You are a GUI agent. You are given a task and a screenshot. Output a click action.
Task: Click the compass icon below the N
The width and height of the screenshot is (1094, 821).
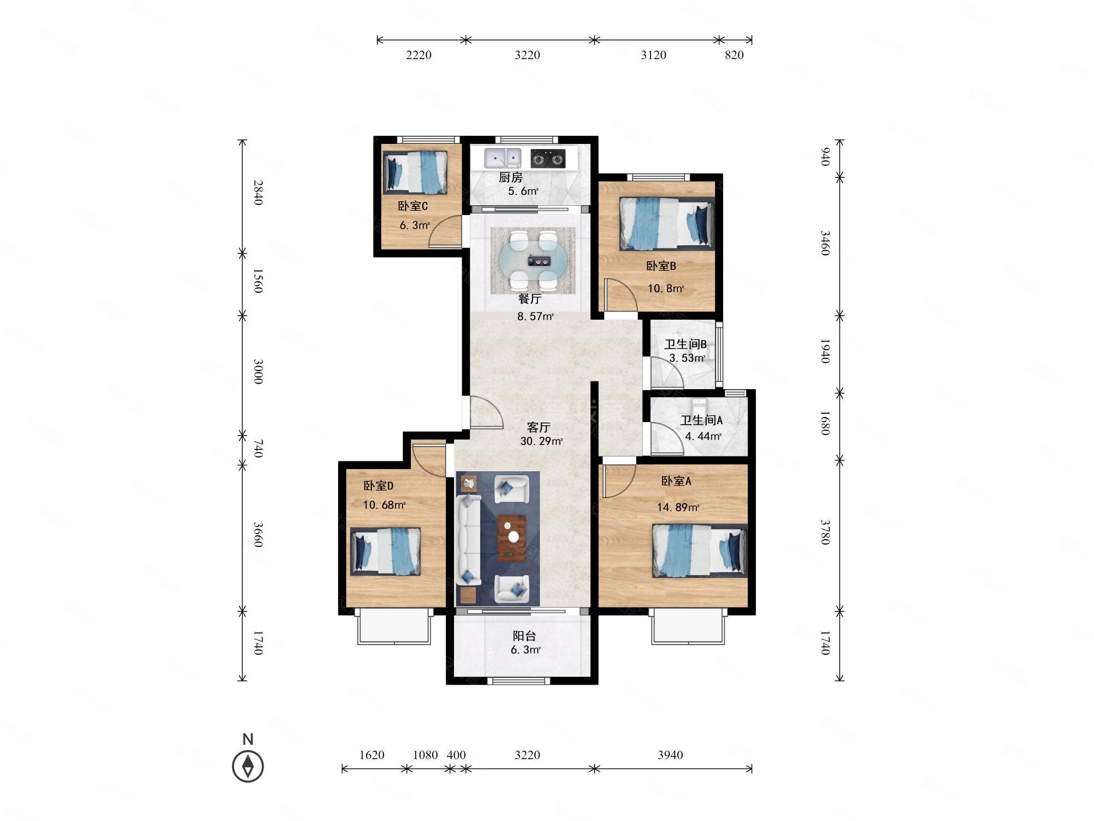point(248,766)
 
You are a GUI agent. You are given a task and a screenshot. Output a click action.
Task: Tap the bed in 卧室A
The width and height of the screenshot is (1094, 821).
point(700,551)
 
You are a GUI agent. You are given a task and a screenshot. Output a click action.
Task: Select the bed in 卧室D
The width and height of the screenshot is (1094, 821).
point(385,551)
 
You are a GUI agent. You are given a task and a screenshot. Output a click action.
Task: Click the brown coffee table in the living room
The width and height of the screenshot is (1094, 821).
point(512,538)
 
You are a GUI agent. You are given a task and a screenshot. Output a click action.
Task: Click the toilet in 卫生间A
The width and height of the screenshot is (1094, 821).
point(700,407)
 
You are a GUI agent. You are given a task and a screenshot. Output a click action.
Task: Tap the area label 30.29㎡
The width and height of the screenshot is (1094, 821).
point(542,441)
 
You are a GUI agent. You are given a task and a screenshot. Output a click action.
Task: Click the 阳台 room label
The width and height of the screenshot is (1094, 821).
point(524,636)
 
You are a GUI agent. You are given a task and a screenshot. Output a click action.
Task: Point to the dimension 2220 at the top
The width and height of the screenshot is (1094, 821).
point(419,55)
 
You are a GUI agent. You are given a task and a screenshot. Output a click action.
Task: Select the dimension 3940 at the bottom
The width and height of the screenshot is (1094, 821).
point(670,755)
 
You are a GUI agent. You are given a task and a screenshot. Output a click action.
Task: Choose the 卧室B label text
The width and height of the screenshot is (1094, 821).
point(661,266)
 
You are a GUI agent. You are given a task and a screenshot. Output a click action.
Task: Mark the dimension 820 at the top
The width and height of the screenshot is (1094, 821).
point(734,55)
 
